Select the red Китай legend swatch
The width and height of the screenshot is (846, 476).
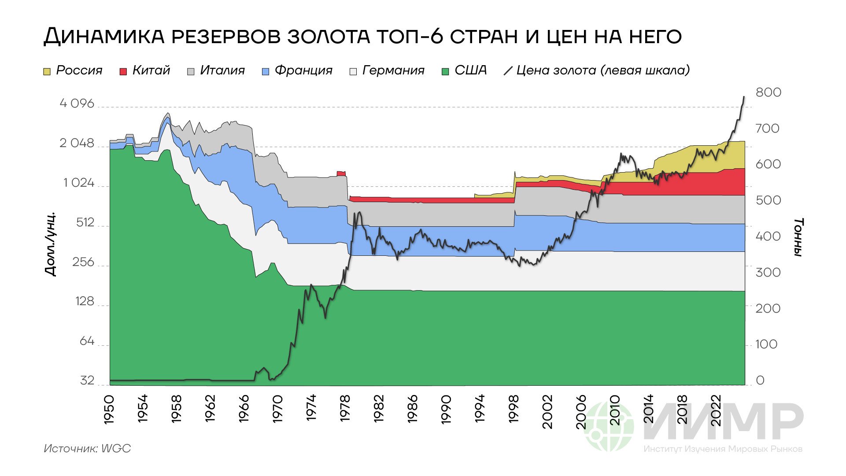click(x=123, y=71)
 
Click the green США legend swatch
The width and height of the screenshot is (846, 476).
click(x=445, y=71)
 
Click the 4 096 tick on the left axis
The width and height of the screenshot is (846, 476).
click(x=77, y=103)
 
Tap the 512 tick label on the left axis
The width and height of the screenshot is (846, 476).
click(x=85, y=222)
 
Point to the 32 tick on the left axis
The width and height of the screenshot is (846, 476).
click(x=87, y=380)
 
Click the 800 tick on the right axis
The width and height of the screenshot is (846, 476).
click(x=768, y=92)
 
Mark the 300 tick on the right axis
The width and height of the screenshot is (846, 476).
click(x=768, y=272)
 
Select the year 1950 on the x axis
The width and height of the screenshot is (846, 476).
click(x=109, y=410)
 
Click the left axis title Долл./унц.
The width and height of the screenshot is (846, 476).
click(x=51, y=244)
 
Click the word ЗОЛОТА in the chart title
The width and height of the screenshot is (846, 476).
click(x=329, y=36)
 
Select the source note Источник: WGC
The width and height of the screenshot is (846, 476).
click(x=87, y=449)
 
